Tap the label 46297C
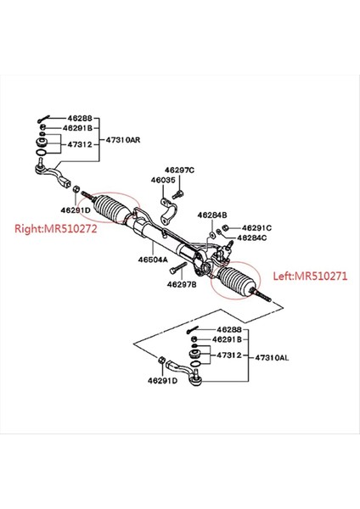(x=179, y=170)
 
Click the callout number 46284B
(x=212, y=215)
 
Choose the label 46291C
(x=256, y=227)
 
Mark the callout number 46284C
(x=252, y=238)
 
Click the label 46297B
(x=182, y=285)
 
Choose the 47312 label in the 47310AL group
(x=228, y=355)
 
